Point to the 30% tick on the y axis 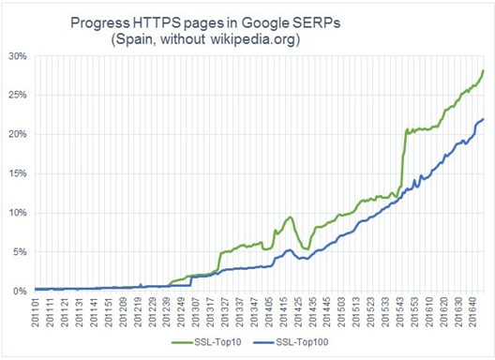click(17, 55)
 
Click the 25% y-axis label click(17, 95)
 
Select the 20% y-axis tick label click(17, 134)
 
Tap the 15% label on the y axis click(17, 173)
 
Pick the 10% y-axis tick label click(17, 213)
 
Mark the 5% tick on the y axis click(20, 252)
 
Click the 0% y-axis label click(20, 291)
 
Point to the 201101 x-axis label click(37, 314)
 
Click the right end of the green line click(483, 70)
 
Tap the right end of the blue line click(483, 119)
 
